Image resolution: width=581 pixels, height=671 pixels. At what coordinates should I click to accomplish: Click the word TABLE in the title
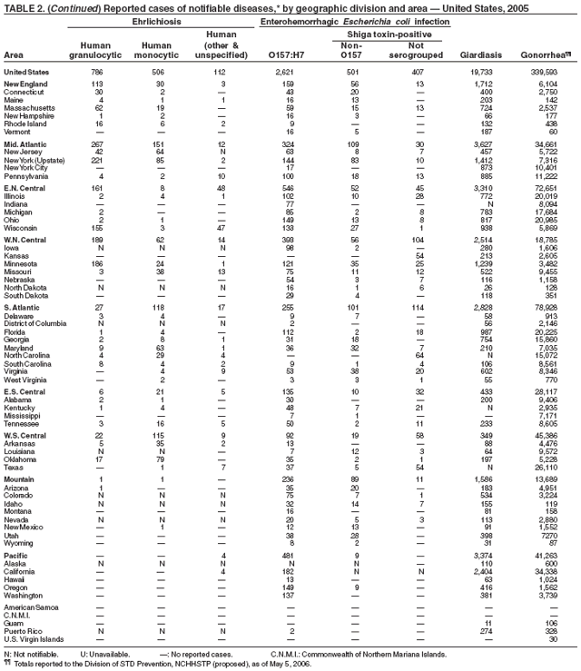point(19,5)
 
